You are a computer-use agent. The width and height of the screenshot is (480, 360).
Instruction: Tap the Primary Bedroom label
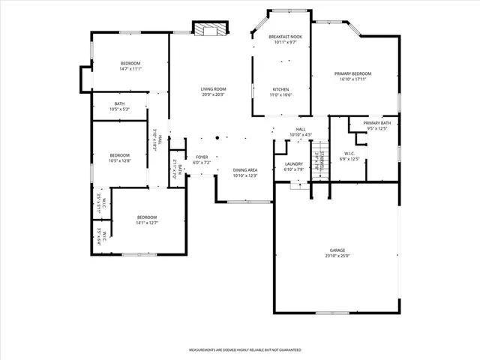click(x=352, y=73)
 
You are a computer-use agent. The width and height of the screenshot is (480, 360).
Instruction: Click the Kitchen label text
click(x=281, y=89)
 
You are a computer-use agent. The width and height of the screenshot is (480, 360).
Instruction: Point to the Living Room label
click(x=213, y=89)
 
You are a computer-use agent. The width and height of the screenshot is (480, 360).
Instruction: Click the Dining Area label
click(x=245, y=170)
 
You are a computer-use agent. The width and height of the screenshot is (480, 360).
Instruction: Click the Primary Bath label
click(x=377, y=123)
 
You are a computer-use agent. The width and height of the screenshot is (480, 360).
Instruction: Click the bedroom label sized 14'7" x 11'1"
click(x=130, y=63)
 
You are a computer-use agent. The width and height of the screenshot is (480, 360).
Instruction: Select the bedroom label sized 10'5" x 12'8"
click(x=119, y=155)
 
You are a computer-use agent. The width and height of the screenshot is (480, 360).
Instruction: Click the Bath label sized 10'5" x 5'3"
click(x=119, y=103)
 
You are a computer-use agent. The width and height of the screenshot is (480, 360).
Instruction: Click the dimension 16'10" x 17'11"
click(x=352, y=79)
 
